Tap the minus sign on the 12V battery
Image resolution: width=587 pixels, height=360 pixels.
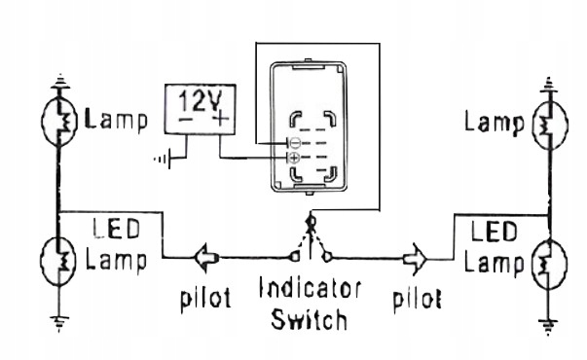coord(183,121)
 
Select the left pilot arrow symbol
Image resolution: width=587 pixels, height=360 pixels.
coord(204,258)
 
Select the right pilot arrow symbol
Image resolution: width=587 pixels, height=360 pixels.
coord(414,259)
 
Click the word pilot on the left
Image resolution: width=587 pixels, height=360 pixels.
coord(204,298)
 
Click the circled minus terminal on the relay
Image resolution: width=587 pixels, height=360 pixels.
coord(294,143)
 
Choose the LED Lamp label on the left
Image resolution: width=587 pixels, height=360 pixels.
coord(118,247)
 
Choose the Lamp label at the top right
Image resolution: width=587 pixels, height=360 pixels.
coord(495,122)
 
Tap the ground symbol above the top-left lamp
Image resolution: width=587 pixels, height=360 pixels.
coord(60,80)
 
